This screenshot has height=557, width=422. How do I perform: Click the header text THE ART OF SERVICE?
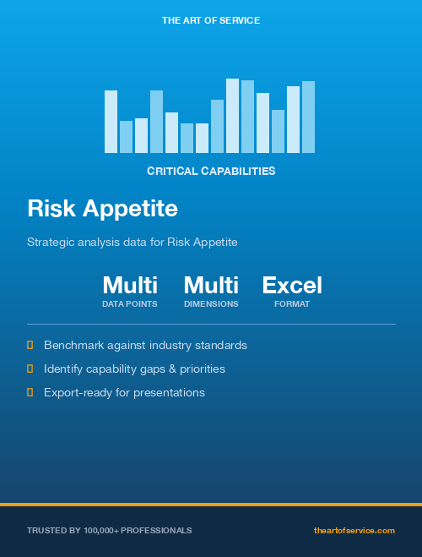coord(211,19)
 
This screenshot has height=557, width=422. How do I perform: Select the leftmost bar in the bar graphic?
coord(111,122)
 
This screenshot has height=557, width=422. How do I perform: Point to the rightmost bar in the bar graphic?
coord(308,117)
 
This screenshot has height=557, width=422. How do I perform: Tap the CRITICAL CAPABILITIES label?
coord(211,171)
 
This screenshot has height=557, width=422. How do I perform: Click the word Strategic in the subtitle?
coord(50,242)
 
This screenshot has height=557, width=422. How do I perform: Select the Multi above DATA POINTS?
coord(130,286)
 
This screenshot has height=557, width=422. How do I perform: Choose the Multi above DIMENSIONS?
coord(211,286)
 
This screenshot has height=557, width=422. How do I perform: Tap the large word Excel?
coord(292,286)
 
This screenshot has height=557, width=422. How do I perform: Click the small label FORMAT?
coord(292,303)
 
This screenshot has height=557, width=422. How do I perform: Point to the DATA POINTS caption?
coord(130,303)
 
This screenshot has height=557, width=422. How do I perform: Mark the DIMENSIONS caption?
coord(211,303)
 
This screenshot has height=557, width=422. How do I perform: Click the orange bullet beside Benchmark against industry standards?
coord(30,345)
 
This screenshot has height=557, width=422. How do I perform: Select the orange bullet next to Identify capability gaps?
coord(30,369)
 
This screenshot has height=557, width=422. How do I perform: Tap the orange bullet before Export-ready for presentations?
coord(30,392)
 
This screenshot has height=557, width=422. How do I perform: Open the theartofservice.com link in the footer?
coord(354,530)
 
